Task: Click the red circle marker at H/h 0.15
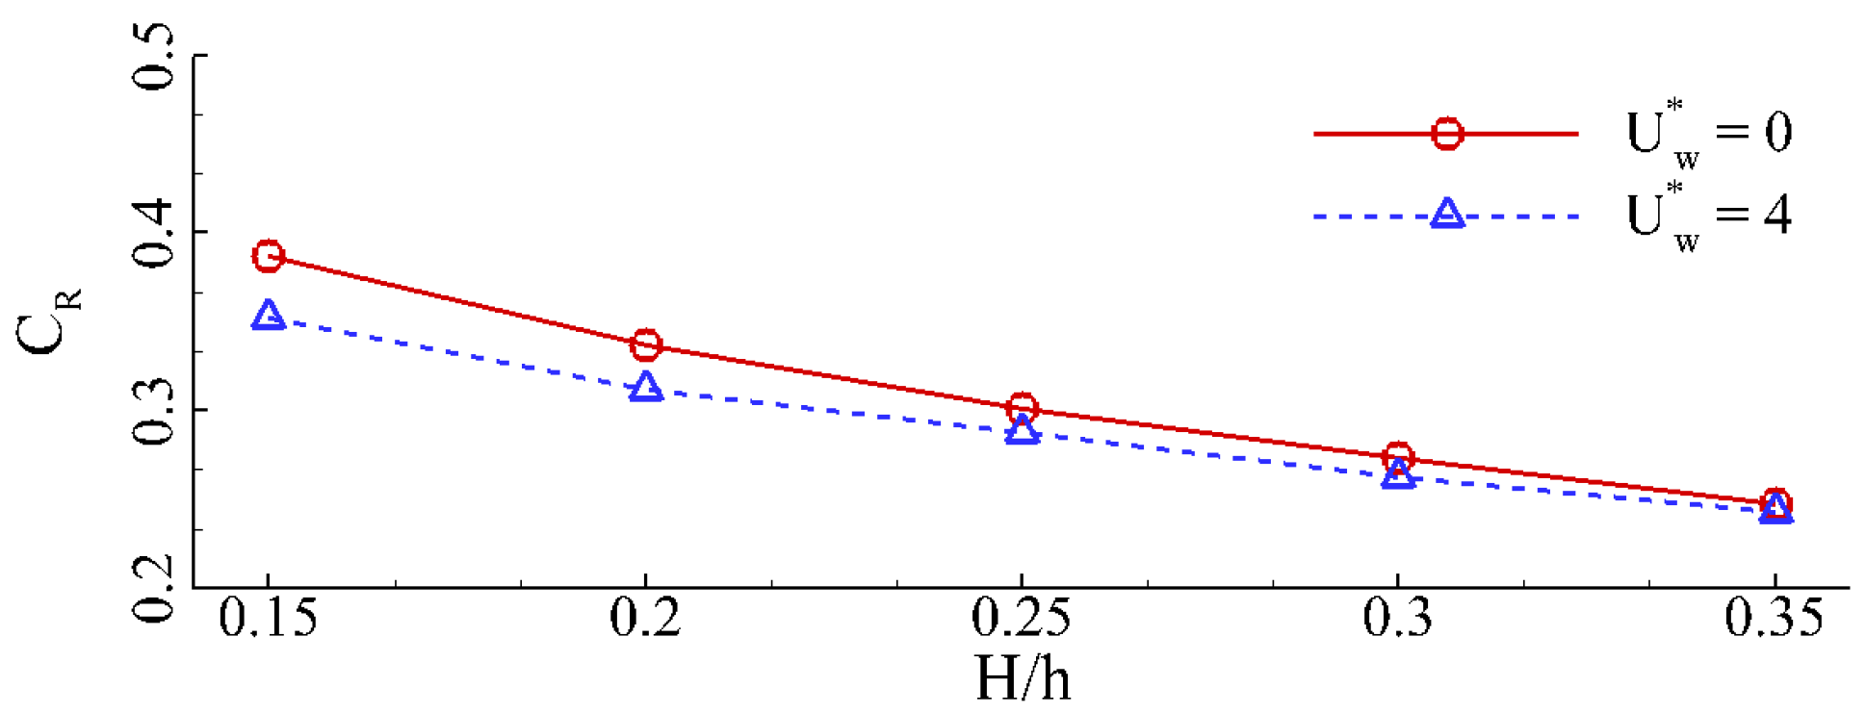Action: point(269,256)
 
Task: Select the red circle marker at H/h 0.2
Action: point(646,344)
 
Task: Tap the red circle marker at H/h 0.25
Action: point(1023,408)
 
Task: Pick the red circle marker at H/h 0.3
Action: point(1399,456)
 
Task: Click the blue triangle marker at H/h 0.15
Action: point(269,317)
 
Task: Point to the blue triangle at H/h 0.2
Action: point(646,388)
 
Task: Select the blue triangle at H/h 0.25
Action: point(1023,431)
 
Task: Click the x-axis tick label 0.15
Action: point(268,618)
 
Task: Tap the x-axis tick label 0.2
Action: point(645,618)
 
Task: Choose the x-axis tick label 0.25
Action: point(1022,618)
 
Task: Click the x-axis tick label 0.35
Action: point(1775,618)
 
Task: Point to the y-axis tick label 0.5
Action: point(154,58)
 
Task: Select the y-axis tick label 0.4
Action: point(154,234)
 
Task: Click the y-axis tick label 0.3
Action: point(154,411)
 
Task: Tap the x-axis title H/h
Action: point(1023,679)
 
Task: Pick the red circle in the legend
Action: point(1447,134)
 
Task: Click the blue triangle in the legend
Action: point(1447,215)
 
